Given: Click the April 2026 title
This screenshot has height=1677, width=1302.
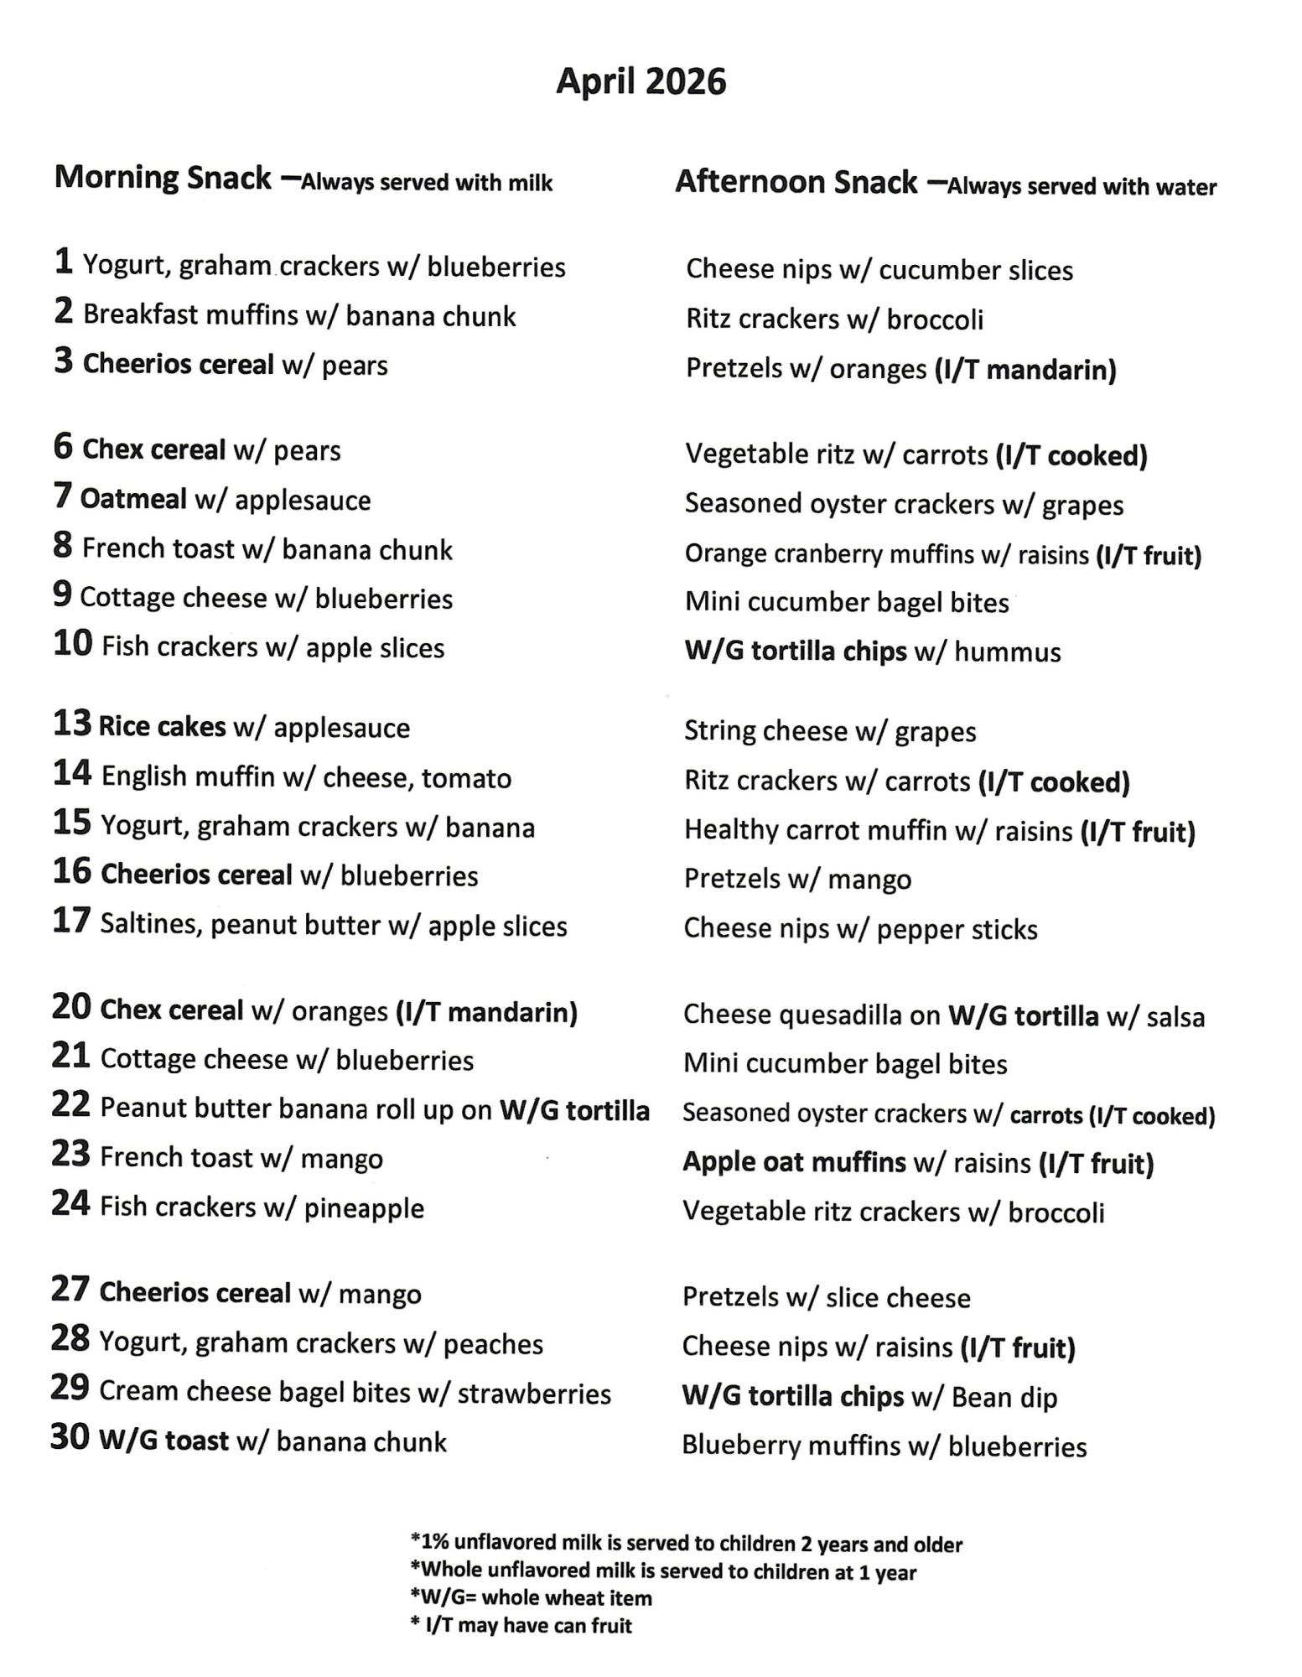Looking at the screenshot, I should coord(641,82).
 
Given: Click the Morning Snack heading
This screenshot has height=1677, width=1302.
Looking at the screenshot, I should coord(163,178).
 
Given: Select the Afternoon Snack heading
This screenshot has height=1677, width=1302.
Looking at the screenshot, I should coord(796,182).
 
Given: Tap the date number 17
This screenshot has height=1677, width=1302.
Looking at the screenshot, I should coord(71,921).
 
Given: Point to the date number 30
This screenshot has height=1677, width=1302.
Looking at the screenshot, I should coord(70,1437).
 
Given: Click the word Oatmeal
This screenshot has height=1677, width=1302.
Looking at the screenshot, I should coord(133,499).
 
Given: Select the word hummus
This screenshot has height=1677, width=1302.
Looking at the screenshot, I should coord(1007,652).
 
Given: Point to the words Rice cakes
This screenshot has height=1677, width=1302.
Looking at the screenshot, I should coord(162,726).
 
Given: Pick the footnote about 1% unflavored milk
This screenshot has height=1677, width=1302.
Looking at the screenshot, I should coord(686,1544).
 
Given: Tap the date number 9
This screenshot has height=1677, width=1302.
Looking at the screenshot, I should coord(62,595).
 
